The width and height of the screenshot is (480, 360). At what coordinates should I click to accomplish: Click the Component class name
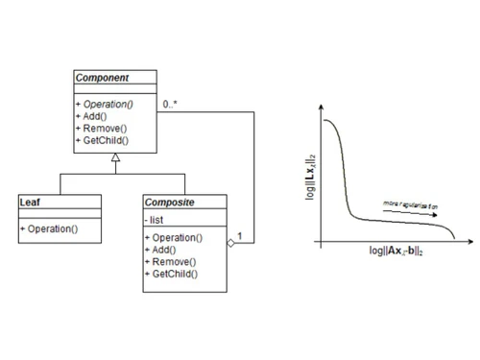pos(103,77)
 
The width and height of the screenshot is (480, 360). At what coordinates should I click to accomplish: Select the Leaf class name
pos(30,203)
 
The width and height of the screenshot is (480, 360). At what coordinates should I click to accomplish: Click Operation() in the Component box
pos(107,104)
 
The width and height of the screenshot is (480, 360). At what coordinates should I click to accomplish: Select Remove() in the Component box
pos(101,129)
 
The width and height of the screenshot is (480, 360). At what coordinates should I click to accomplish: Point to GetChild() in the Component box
pos(103,141)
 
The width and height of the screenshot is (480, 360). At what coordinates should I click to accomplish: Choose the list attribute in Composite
pos(156,221)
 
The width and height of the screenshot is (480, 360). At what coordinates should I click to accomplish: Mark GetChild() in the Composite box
pos(171,274)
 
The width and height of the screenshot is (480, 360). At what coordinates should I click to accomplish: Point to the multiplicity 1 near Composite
pos(239,235)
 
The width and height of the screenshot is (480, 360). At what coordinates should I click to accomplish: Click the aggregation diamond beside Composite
pos(230,244)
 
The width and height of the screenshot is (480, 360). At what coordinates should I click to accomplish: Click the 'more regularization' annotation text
pos(410,204)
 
